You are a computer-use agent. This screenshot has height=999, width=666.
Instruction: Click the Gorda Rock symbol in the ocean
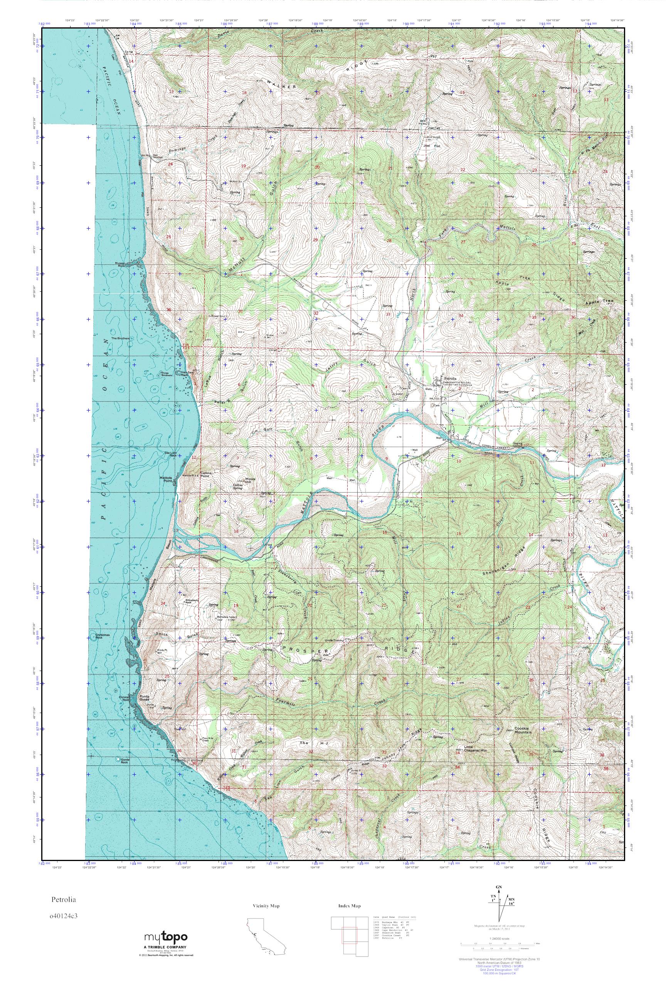point(117,758)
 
